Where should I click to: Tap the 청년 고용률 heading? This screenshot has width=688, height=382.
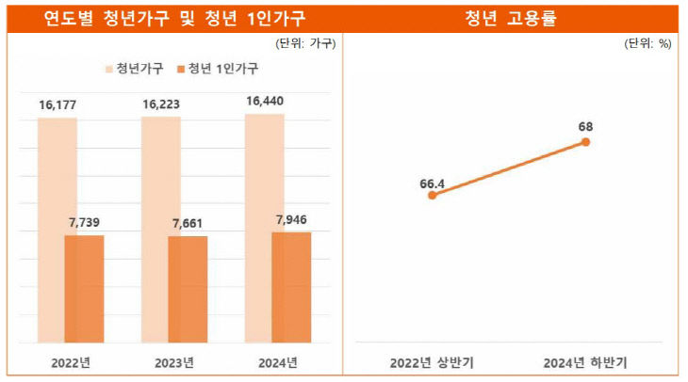[514, 18]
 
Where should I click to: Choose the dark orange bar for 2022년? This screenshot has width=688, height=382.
[84, 289]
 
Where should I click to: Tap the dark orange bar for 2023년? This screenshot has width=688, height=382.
[188, 289]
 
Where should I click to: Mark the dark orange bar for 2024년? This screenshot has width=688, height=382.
[291, 287]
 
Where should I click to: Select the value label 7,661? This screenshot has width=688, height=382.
[188, 224]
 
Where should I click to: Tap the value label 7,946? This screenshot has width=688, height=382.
[291, 220]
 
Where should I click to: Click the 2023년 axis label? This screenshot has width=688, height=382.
[174, 362]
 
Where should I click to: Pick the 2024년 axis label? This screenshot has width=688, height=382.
[277, 362]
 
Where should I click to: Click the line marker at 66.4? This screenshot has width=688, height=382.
[433, 196]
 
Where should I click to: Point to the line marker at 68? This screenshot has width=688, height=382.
[586, 142]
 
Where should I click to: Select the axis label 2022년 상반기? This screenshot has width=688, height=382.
[434, 362]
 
